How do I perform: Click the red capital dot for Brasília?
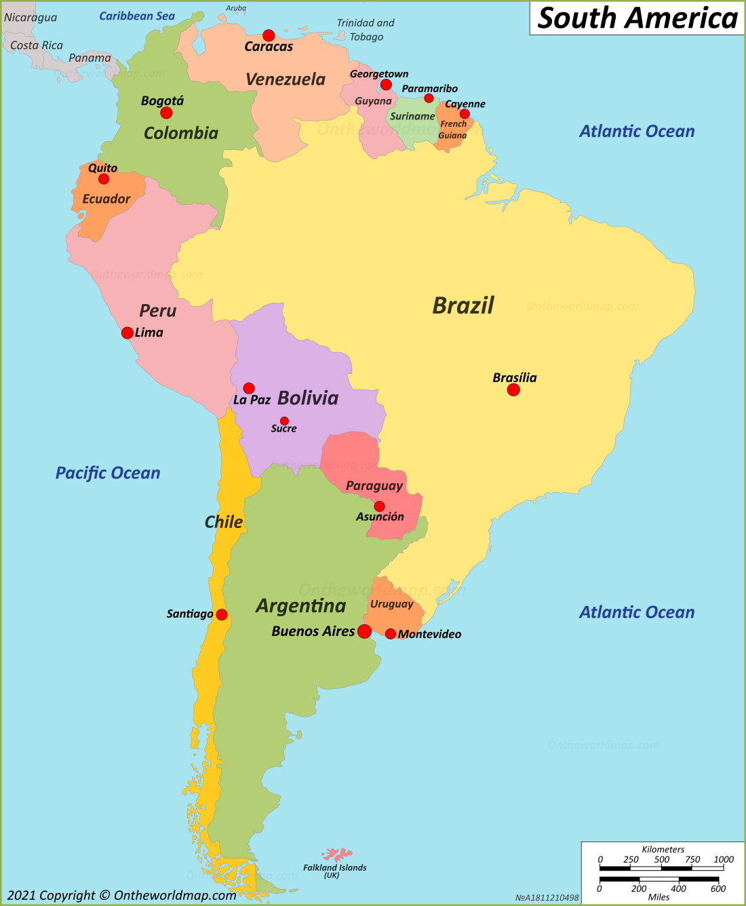(513, 390)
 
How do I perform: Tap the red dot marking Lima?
(127, 333)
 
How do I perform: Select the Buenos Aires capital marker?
(364, 631)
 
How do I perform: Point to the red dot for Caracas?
(269, 35)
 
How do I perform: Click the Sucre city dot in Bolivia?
(284, 421)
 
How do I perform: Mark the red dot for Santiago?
(222, 615)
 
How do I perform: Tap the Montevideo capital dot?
(391, 634)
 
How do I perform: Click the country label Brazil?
(463, 305)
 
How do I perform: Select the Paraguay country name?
(374, 485)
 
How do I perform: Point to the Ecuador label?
(106, 199)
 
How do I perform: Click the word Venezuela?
(286, 79)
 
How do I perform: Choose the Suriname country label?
(412, 116)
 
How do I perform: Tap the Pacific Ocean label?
(108, 473)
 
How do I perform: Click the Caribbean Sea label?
(137, 16)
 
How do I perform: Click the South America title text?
(637, 18)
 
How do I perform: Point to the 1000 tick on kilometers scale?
(723, 859)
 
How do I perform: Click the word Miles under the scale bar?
(659, 896)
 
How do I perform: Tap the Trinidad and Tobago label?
(366, 30)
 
